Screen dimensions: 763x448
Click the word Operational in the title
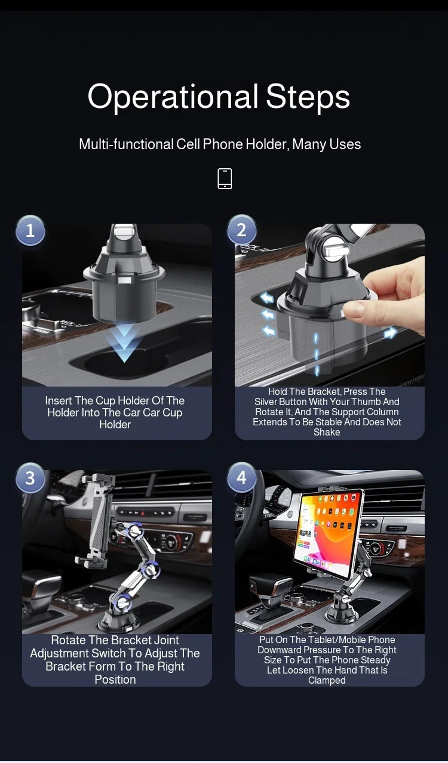tap(173, 97)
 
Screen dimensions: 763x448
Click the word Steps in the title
tap(308, 97)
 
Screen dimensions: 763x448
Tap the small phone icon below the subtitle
tap(225, 178)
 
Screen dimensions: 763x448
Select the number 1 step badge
tap(30, 231)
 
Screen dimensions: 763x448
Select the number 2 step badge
tap(241, 230)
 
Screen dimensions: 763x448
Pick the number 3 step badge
tap(30, 478)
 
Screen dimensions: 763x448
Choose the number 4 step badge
tap(241, 478)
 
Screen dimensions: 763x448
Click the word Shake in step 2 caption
tap(327, 433)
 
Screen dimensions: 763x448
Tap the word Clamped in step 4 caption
tap(327, 681)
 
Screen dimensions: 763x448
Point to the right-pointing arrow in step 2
tap(391, 333)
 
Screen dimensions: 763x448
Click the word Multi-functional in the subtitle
tap(127, 144)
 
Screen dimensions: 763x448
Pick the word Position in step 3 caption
tap(115, 680)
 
